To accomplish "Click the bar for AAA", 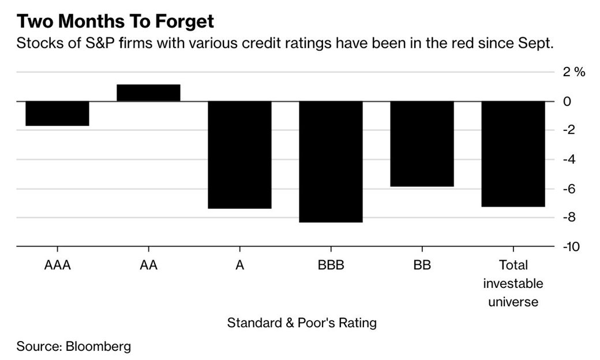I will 57,113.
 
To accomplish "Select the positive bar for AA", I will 148,93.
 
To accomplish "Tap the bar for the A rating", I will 239,155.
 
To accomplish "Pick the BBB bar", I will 331,162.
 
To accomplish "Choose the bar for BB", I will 422,144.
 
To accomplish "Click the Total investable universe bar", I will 513,153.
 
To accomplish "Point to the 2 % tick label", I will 574,72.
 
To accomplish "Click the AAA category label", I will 57,265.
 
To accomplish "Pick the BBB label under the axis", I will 331,265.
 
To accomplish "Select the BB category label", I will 422,265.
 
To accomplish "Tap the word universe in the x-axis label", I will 513,302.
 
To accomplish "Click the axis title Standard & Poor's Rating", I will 302,322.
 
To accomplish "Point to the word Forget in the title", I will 181,22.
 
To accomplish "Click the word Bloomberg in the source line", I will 98,347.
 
